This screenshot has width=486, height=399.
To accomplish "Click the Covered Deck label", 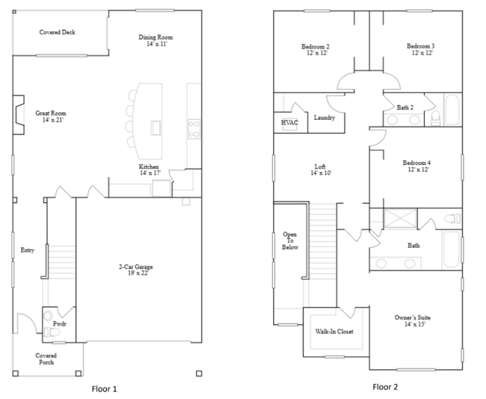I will point(57,32).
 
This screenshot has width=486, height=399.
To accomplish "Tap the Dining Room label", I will point(156,37).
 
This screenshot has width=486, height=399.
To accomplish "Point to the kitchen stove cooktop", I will point(193,128).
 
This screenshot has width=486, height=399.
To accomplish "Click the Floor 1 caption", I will point(104,389).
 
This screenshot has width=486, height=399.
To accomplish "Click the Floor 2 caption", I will point(385,387).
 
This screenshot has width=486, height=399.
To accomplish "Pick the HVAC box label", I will point(289,121).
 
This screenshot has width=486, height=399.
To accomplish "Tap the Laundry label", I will point(324,118).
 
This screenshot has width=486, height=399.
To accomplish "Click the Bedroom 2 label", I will point(316,46).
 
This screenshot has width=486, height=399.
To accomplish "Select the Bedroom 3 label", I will point(420,46).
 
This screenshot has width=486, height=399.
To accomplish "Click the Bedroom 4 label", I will point(417,162).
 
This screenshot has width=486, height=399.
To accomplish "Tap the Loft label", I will point(319,166).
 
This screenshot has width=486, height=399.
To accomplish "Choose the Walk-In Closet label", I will point(334,331).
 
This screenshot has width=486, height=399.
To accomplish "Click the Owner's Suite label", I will point(413,318).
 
